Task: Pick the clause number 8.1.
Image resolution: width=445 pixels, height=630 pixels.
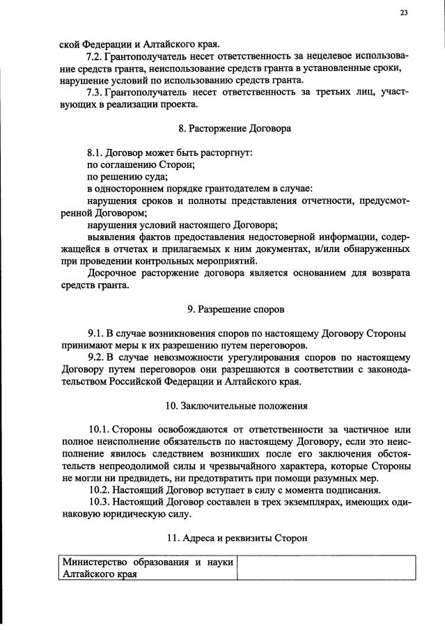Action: tap(94, 152)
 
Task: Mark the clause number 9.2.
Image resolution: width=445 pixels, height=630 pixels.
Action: tap(94, 358)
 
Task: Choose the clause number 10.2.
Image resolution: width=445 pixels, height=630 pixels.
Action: tap(99, 491)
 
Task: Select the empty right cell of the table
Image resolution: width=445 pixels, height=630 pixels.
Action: tap(326, 568)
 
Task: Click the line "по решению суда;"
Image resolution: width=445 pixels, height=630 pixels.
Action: tap(123, 178)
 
